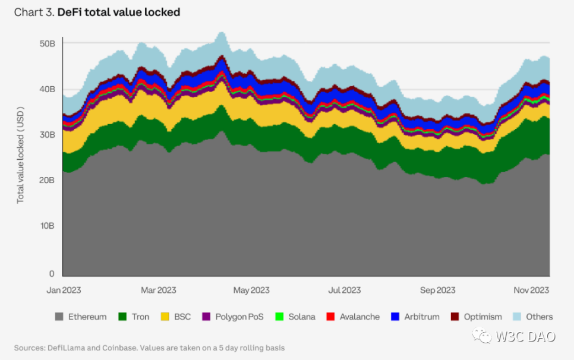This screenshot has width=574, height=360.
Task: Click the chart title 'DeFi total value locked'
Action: [119, 12]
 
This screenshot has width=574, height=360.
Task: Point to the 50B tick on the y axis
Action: [47, 43]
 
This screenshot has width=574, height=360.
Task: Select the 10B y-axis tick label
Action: [47, 226]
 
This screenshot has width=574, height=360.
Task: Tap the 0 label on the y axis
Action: [52, 274]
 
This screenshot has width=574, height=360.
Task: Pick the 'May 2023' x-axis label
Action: [251, 290]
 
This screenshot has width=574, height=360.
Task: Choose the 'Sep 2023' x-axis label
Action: [438, 290]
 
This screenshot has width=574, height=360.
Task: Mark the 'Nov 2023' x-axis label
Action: [531, 290]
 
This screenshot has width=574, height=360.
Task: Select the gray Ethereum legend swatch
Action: [59, 317]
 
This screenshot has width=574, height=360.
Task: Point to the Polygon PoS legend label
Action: [239, 317]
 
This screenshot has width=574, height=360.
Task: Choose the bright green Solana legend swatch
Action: [279, 317]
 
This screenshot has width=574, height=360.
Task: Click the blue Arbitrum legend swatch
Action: [395, 317]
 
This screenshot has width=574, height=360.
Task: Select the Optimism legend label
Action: [482, 317]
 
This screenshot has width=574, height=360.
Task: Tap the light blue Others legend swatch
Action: [517, 317]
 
